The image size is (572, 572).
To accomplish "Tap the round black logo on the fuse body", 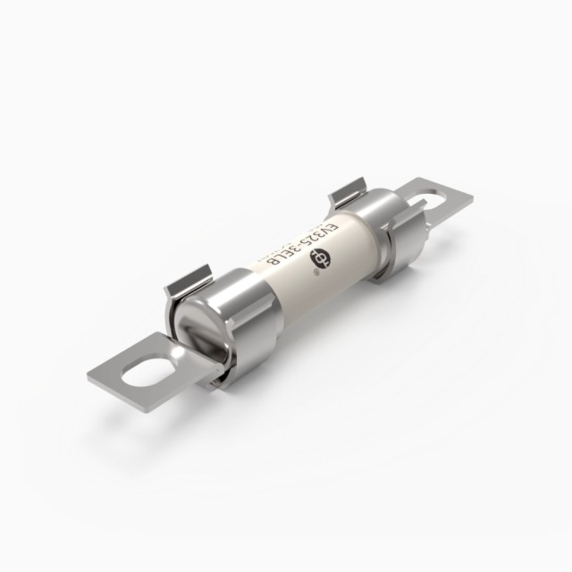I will (317, 257).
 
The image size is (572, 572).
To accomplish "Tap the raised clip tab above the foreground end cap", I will (189, 279).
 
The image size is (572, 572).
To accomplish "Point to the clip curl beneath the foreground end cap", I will (213, 380).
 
